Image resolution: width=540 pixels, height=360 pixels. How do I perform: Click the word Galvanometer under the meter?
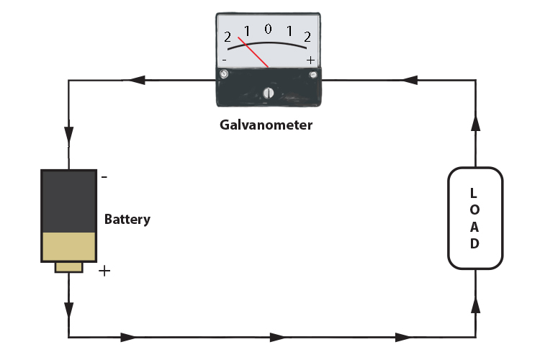[x=266, y=125]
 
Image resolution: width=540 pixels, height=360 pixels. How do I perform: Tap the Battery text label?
[x=127, y=219]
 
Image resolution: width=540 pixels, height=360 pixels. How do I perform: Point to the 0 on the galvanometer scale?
[x=268, y=30]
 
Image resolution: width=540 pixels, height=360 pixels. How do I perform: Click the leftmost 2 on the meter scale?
[x=228, y=37]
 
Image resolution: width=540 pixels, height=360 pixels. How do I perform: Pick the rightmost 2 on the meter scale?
[x=307, y=37]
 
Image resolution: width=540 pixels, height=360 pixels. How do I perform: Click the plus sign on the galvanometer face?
[x=310, y=60]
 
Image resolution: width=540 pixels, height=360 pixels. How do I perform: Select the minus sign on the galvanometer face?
[x=225, y=59]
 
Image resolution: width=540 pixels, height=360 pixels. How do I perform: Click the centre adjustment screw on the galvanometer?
[x=269, y=92]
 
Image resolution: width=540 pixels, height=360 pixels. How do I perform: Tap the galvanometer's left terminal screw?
[x=224, y=74]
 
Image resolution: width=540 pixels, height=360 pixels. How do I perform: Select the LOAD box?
[x=474, y=217]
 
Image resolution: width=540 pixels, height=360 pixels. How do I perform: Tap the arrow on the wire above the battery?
[x=68, y=134]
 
